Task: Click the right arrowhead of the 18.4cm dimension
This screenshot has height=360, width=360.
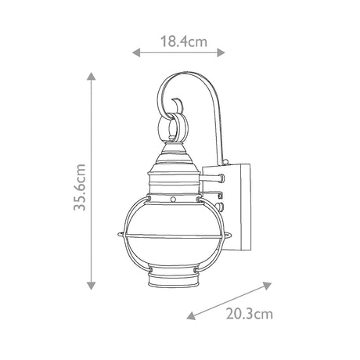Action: click(225, 53)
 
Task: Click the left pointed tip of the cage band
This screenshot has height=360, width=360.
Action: click(117, 233)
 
